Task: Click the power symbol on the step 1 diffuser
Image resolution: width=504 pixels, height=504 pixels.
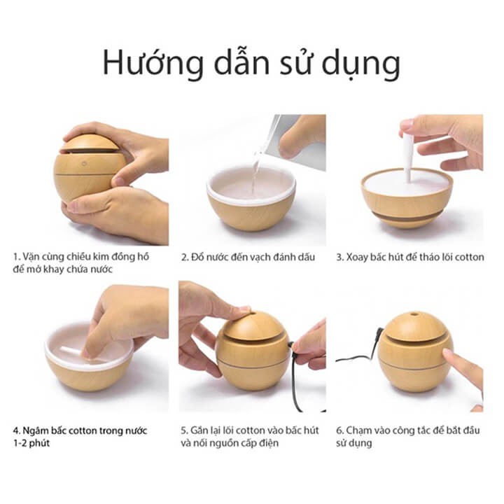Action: (x=84, y=164)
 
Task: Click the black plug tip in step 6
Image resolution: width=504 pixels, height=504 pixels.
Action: (x=379, y=331)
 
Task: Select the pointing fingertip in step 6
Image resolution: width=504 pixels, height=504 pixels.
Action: (x=448, y=353)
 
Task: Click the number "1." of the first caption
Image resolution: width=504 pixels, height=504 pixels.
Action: (x=17, y=257)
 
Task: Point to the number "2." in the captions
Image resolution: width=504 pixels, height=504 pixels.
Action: (x=185, y=257)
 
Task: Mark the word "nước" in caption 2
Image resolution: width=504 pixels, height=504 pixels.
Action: (x=219, y=257)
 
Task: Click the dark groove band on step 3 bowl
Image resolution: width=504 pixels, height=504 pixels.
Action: (x=407, y=216)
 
